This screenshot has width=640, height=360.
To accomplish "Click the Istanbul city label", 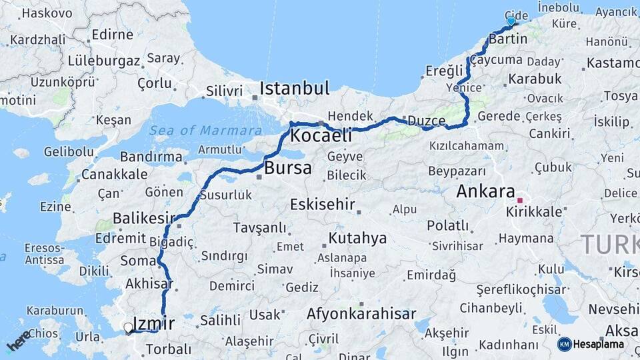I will (295, 88).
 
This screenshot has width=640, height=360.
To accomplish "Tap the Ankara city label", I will (485, 192).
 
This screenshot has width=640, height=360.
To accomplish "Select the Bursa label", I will (288, 168).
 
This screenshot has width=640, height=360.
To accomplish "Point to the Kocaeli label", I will (321, 135).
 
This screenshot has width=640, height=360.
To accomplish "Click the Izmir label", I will (154, 324).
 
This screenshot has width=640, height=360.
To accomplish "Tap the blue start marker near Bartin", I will (511, 21).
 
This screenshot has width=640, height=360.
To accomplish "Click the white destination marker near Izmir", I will (127, 327).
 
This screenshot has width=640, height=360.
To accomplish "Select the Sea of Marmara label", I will (205, 131).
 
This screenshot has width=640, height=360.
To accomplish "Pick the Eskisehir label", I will (322, 205).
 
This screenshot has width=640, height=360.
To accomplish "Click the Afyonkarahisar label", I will (361, 313).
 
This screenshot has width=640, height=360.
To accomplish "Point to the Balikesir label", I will (143, 218).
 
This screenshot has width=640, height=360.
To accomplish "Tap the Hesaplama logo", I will (591, 344).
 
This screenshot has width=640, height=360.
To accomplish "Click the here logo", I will (19, 340).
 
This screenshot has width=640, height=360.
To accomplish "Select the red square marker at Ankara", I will (520, 199).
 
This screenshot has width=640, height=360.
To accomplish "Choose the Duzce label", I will (426, 121).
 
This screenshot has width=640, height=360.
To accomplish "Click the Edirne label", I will (112, 35).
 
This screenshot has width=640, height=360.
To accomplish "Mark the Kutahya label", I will (357, 238).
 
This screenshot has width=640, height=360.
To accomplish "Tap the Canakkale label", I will (115, 175).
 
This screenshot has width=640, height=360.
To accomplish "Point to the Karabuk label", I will (535, 79).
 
